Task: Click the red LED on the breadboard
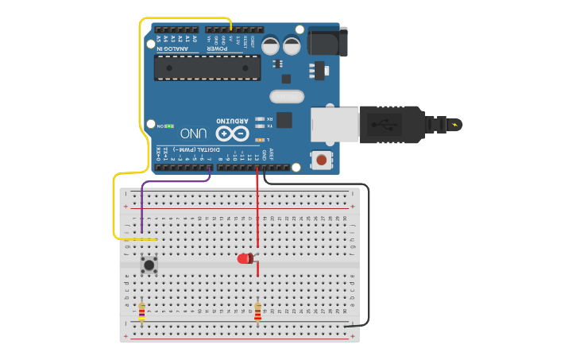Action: [x=245, y=258]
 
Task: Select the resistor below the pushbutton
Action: [x=141, y=312]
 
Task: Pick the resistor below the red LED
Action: [x=257, y=312]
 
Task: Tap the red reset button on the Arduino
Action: [x=321, y=160]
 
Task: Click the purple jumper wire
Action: [x=175, y=181]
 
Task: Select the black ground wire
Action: [x=367, y=254]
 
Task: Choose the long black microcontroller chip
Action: [x=207, y=68]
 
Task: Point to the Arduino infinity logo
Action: [x=230, y=133]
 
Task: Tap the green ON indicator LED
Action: [x=169, y=126]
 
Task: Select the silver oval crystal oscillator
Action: [x=286, y=97]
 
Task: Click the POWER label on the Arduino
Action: [x=218, y=48]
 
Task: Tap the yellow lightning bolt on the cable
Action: [x=454, y=124]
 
